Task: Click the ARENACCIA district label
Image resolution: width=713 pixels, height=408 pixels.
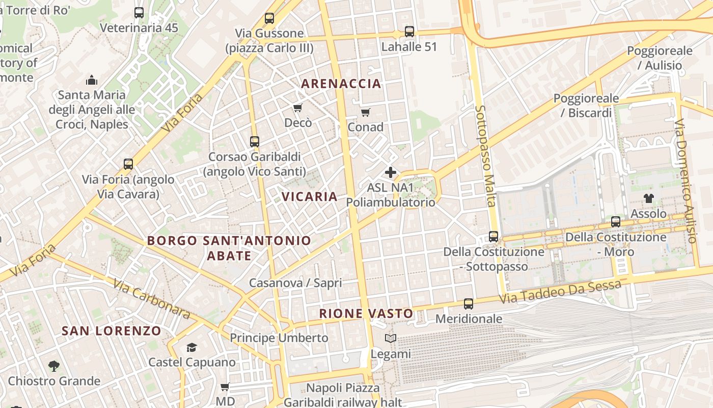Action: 341,84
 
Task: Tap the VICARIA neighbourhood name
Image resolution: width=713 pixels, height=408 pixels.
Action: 310,196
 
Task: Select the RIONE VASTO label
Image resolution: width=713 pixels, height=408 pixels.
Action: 366,313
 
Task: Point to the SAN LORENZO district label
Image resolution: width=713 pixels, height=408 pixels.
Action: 112,330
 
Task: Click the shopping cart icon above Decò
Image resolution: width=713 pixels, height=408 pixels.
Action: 298,108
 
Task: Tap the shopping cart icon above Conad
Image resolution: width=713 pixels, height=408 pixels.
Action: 365,112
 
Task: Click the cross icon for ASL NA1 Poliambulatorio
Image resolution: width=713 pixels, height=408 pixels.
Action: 391,172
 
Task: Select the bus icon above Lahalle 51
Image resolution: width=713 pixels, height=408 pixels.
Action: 409,32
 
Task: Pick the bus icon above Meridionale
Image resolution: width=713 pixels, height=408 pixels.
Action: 469,304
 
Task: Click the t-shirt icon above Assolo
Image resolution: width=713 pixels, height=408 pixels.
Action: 648,198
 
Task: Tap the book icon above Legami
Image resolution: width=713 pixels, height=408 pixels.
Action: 391,339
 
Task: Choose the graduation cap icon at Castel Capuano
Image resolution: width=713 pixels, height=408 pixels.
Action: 191,347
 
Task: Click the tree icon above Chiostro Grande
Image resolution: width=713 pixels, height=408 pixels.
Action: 53,366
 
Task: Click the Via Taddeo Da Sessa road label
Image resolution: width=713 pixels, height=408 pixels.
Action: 560,292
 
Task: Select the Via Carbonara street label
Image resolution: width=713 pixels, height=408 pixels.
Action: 151,299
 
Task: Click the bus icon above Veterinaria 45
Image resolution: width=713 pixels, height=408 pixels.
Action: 139,13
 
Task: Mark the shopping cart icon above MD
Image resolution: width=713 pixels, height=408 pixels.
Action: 225,387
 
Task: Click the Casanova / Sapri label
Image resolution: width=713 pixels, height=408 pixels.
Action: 295,283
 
